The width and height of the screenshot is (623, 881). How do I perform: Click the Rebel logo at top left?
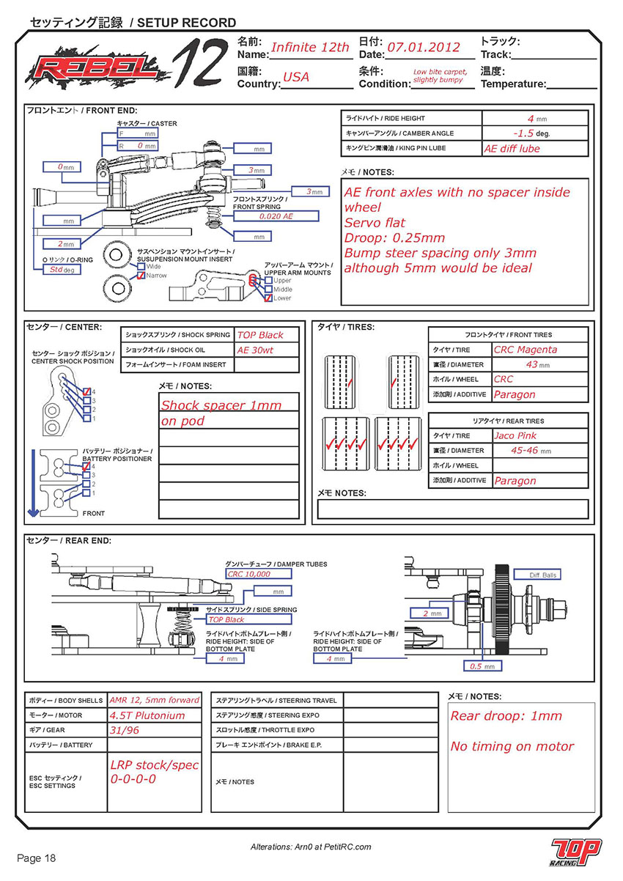click(95, 70)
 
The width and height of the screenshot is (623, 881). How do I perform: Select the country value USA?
click(296, 77)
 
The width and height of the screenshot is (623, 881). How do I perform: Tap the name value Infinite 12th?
click(310, 48)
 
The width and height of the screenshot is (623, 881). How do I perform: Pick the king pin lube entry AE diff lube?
click(512, 148)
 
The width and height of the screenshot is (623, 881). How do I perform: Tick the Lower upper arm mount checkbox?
click(268, 298)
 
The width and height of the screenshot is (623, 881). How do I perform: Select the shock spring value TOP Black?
click(259, 335)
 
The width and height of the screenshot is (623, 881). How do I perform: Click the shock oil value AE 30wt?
click(255, 350)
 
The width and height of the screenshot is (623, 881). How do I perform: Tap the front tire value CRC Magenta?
click(526, 350)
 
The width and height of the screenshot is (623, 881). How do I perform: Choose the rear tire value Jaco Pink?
click(515, 436)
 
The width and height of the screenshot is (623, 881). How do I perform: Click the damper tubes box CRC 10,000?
click(249, 574)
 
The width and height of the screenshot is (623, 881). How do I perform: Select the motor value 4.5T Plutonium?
click(147, 715)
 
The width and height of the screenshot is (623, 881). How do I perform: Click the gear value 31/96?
click(123, 730)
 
